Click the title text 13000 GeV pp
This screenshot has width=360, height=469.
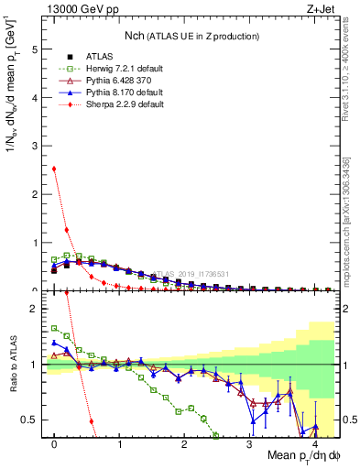click(x=72, y=8)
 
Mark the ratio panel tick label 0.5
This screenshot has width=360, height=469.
click(x=31, y=420)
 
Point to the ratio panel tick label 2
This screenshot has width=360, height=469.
click(x=36, y=309)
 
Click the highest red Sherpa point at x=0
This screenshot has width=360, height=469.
click(x=54, y=169)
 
